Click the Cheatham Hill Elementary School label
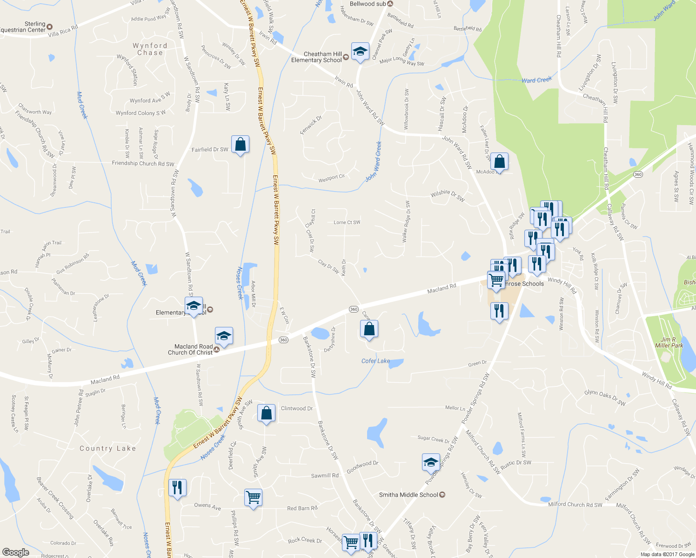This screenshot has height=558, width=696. [x=316, y=57]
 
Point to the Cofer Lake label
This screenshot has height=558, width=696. [x=376, y=361]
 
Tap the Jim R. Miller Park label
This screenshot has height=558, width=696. [x=669, y=342]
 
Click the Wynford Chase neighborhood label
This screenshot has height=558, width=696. [x=150, y=49]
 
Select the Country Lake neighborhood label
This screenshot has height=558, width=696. [x=107, y=448]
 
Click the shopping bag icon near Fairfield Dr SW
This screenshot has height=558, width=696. [x=240, y=145]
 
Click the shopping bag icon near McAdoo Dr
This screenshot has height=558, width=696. [x=499, y=162]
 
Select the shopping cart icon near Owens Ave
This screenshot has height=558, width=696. [x=254, y=498]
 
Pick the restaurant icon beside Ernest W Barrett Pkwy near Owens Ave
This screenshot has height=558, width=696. [x=177, y=488]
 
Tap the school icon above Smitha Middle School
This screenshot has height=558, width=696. [x=431, y=462]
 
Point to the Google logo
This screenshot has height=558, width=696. [x=16, y=552]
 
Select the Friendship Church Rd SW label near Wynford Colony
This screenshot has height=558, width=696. [x=143, y=164]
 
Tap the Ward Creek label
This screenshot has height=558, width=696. [x=536, y=80]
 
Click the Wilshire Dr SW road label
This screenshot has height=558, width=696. [x=448, y=195]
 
